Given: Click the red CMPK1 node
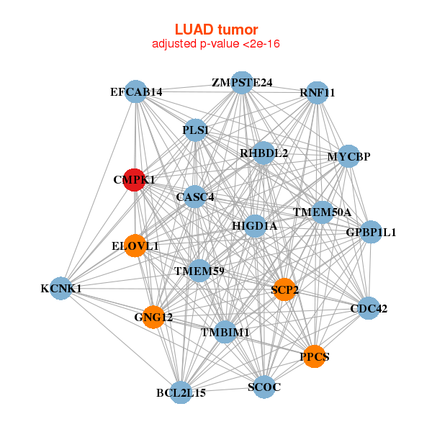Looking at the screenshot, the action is coord(134,179).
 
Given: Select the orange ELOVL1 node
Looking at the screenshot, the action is coord(135,246).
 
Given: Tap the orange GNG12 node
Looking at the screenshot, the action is coord(153,317).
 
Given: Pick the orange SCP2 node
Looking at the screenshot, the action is coord(284,289).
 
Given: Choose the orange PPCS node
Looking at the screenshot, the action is coord(314,356).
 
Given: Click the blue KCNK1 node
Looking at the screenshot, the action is coord(61,289).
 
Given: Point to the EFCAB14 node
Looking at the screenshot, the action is coord(136,92).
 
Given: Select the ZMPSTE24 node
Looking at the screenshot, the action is coord(242,83).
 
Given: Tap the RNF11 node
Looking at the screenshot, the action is coord(318,93).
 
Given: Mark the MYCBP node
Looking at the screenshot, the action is coord(348,156).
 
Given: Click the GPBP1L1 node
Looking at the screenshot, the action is coord(371,232).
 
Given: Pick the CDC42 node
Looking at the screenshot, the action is coord(369,309).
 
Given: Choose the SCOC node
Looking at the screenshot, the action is coord(264,387).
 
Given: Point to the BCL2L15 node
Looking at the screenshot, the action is coord(181,392).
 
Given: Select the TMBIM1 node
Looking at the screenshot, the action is coord(225,332).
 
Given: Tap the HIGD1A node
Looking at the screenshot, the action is coord(255,226).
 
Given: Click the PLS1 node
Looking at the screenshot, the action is coord(195,130).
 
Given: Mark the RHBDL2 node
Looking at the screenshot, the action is coord(264,153).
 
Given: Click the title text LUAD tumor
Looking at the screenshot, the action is coord(216,30).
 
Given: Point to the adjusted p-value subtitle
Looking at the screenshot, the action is coord(216,44).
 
